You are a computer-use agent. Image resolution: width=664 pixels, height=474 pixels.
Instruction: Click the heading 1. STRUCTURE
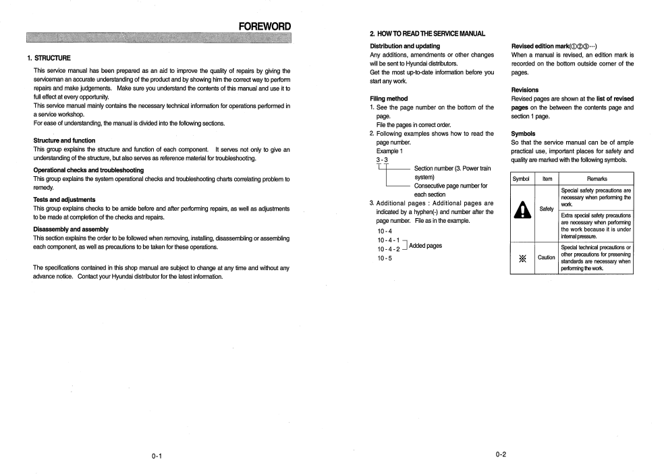(x=49, y=57)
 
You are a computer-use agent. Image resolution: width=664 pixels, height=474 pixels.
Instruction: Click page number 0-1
(x=156, y=456)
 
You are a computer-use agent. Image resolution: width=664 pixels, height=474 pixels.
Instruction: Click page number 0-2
(x=501, y=455)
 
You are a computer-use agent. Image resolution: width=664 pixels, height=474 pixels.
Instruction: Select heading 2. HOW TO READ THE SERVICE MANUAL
(x=427, y=34)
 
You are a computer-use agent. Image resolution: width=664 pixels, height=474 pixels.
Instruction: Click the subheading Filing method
(x=389, y=99)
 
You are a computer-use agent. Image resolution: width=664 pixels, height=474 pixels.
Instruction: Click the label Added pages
(x=425, y=245)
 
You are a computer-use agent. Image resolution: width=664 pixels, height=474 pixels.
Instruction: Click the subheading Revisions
(x=524, y=90)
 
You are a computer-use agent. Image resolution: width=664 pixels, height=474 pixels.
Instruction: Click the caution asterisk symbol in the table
(x=522, y=257)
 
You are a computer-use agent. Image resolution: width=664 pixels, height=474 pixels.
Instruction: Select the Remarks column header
(x=597, y=179)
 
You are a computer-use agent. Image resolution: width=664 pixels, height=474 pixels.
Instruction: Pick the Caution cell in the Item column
(x=547, y=257)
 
